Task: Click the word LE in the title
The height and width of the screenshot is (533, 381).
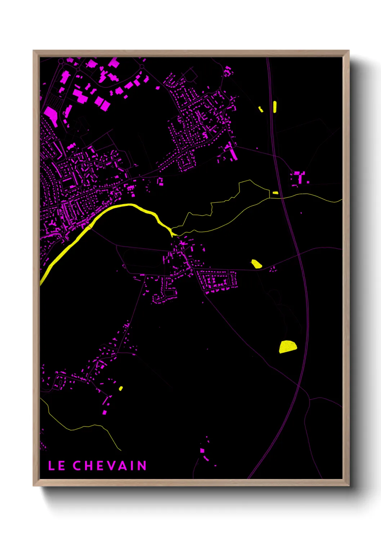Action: [x=57, y=466]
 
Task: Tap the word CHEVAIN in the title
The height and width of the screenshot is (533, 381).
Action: [x=110, y=466]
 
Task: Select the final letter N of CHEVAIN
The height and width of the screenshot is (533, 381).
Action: [x=142, y=466]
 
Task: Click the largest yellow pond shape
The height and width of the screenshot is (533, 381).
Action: [x=287, y=346]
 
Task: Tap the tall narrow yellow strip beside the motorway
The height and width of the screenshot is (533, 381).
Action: [x=275, y=107]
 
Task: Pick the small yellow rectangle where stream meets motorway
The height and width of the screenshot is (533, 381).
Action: [x=275, y=193]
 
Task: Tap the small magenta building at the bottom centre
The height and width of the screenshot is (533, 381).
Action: [x=202, y=451]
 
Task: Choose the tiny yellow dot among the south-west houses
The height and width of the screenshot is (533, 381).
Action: [x=121, y=388]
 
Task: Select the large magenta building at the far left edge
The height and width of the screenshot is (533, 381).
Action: [x=51, y=114]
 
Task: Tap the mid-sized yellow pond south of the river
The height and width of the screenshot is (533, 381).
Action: [x=256, y=264]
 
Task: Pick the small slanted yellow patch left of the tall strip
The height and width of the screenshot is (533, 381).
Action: [x=261, y=109]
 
